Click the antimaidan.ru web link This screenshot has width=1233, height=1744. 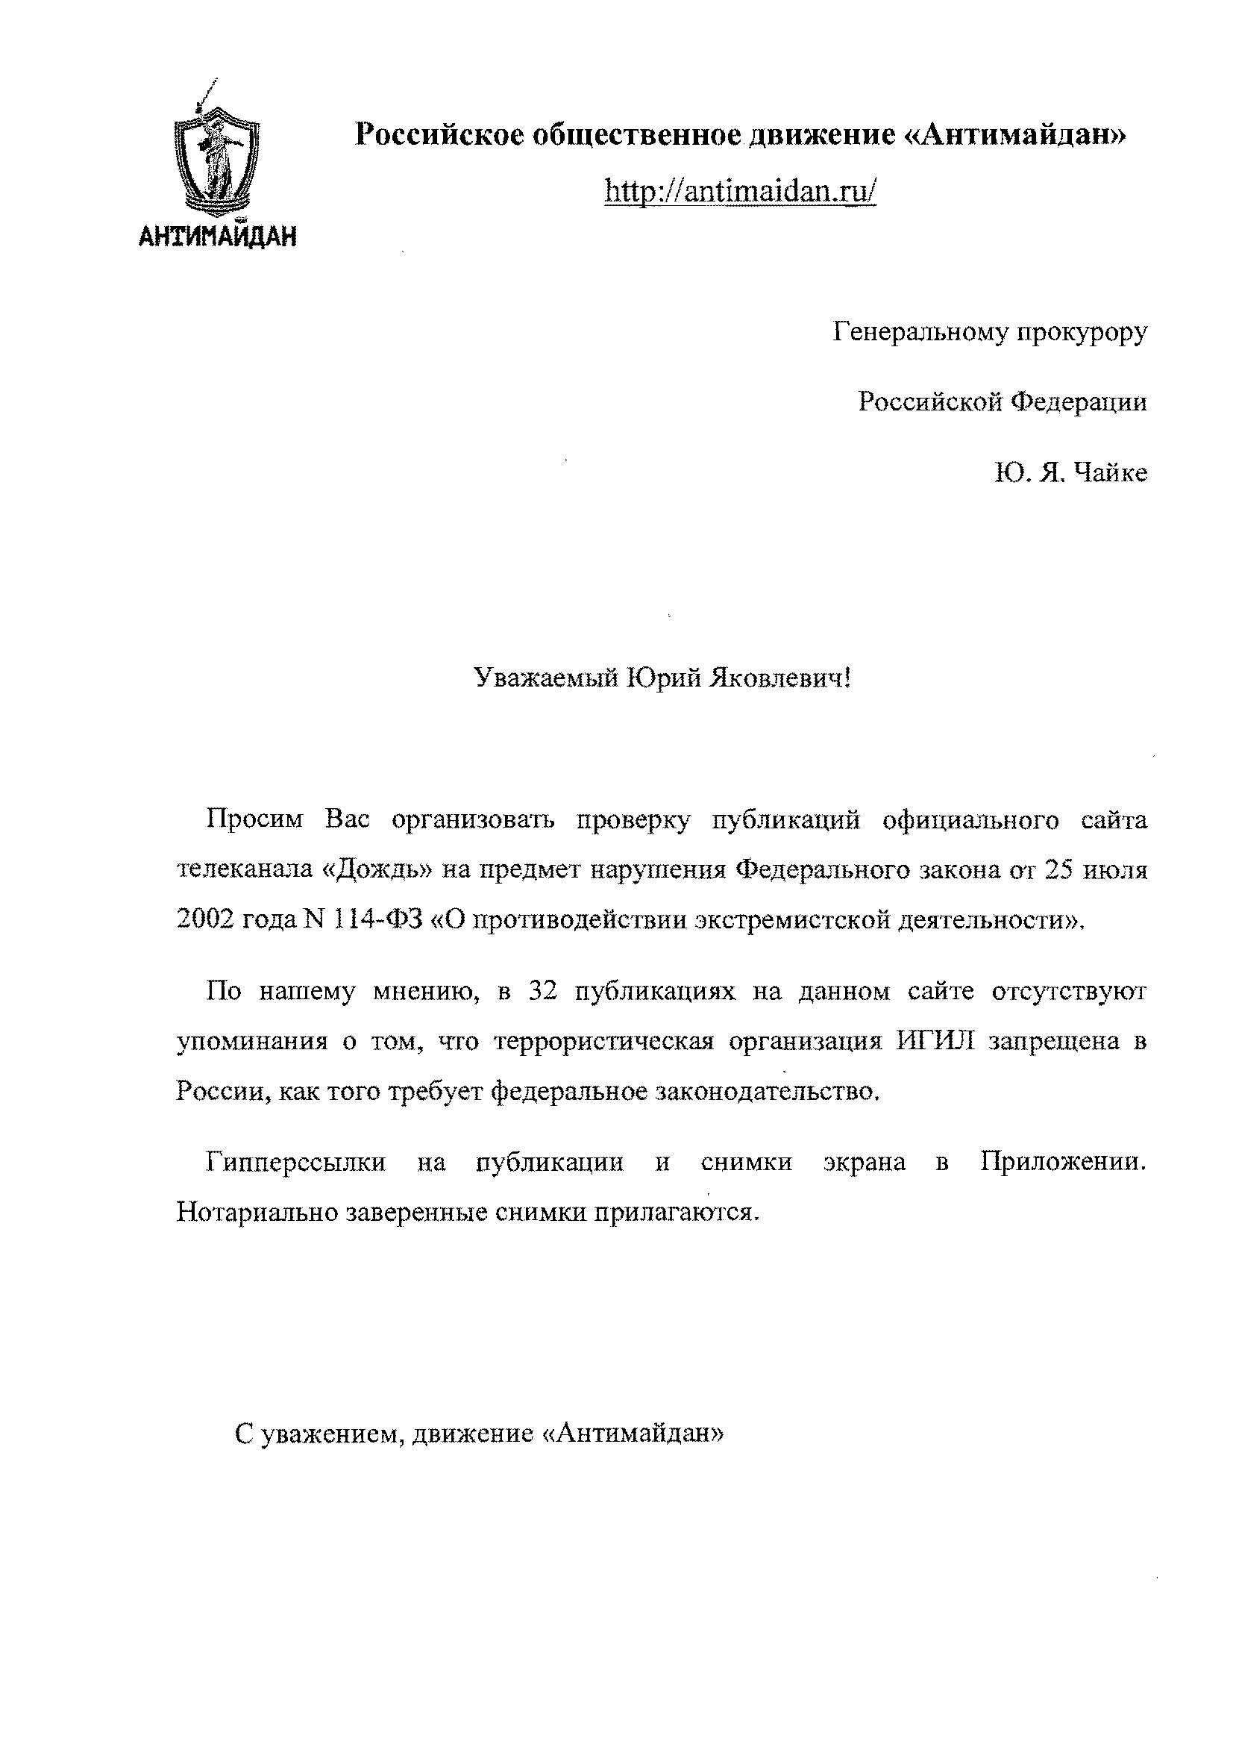(x=740, y=190)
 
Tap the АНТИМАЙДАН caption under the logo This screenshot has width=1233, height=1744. (x=218, y=238)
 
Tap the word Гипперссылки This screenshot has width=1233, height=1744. (x=295, y=1163)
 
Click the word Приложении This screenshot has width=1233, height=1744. (x=1062, y=1163)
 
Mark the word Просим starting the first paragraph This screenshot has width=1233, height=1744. (x=254, y=821)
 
